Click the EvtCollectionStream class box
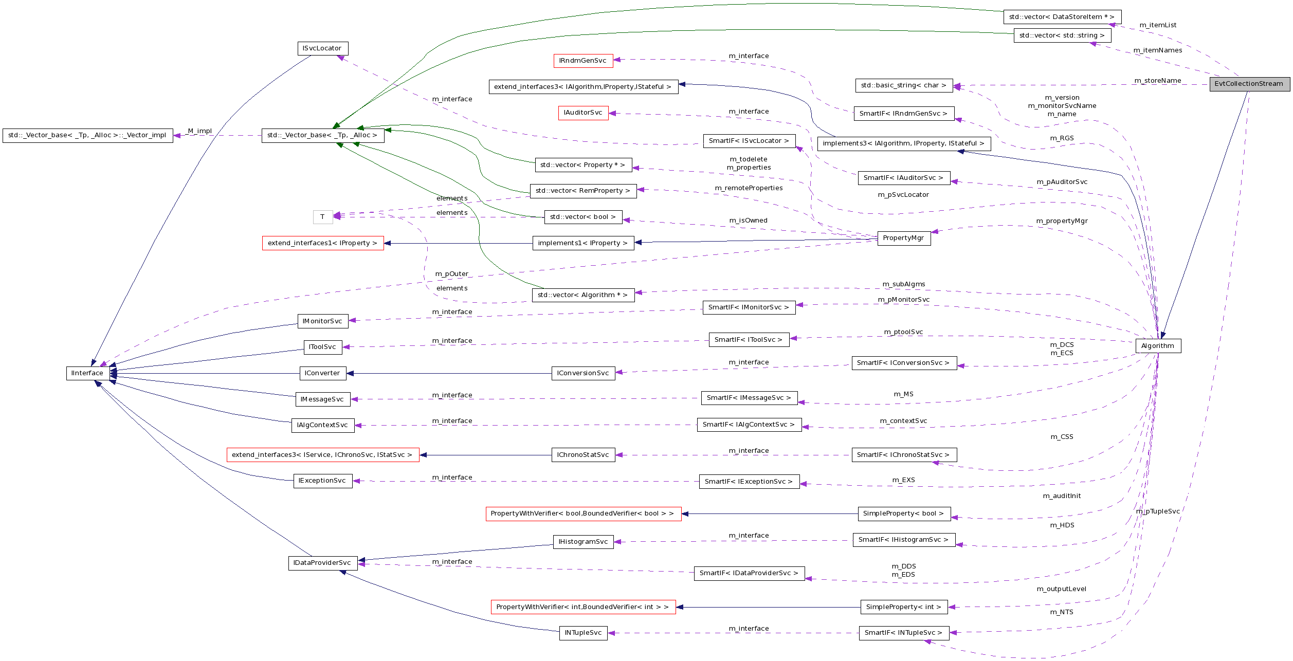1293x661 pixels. pyautogui.click(x=1249, y=84)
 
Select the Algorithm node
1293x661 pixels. pyautogui.click(x=1158, y=346)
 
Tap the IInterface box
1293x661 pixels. pyautogui.click(x=87, y=373)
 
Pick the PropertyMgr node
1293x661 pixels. pyautogui.click(x=903, y=238)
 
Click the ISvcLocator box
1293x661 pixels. pyautogui.click(x=322, y=48)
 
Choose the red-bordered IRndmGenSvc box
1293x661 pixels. pyautogui.click(x=583, y=61)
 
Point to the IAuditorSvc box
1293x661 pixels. pyautogui.click(x=583, y=113)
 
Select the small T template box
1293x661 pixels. pyautogui.click(x=322, y=217)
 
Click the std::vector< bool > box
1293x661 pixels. pyautogui.click(x=583, y=217)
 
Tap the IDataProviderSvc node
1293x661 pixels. pyautogui.click(x=322, y=563)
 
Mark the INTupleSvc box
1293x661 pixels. pyautogui.click(x=583, y=633)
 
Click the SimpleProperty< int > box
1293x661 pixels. pyautogui.click(x=903, y=607)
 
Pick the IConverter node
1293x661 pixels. pyautogui.click(x=322, y=373)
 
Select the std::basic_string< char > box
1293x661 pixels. pyautogui.click(x=903, y=85)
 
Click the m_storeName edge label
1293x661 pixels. pyautogui.click(x=1158, y=81)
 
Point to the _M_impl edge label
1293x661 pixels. pyautogui.click(x=199, y=131)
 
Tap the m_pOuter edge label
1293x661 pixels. pyautogui.click(x=452, y=274)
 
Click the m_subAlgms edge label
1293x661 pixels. pyautogui.click(x=903, y=284)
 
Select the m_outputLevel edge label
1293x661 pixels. pyautogui.click(x=1061, y=589)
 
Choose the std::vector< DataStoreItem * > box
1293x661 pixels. pyautogui.click(x=1062, y=17)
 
